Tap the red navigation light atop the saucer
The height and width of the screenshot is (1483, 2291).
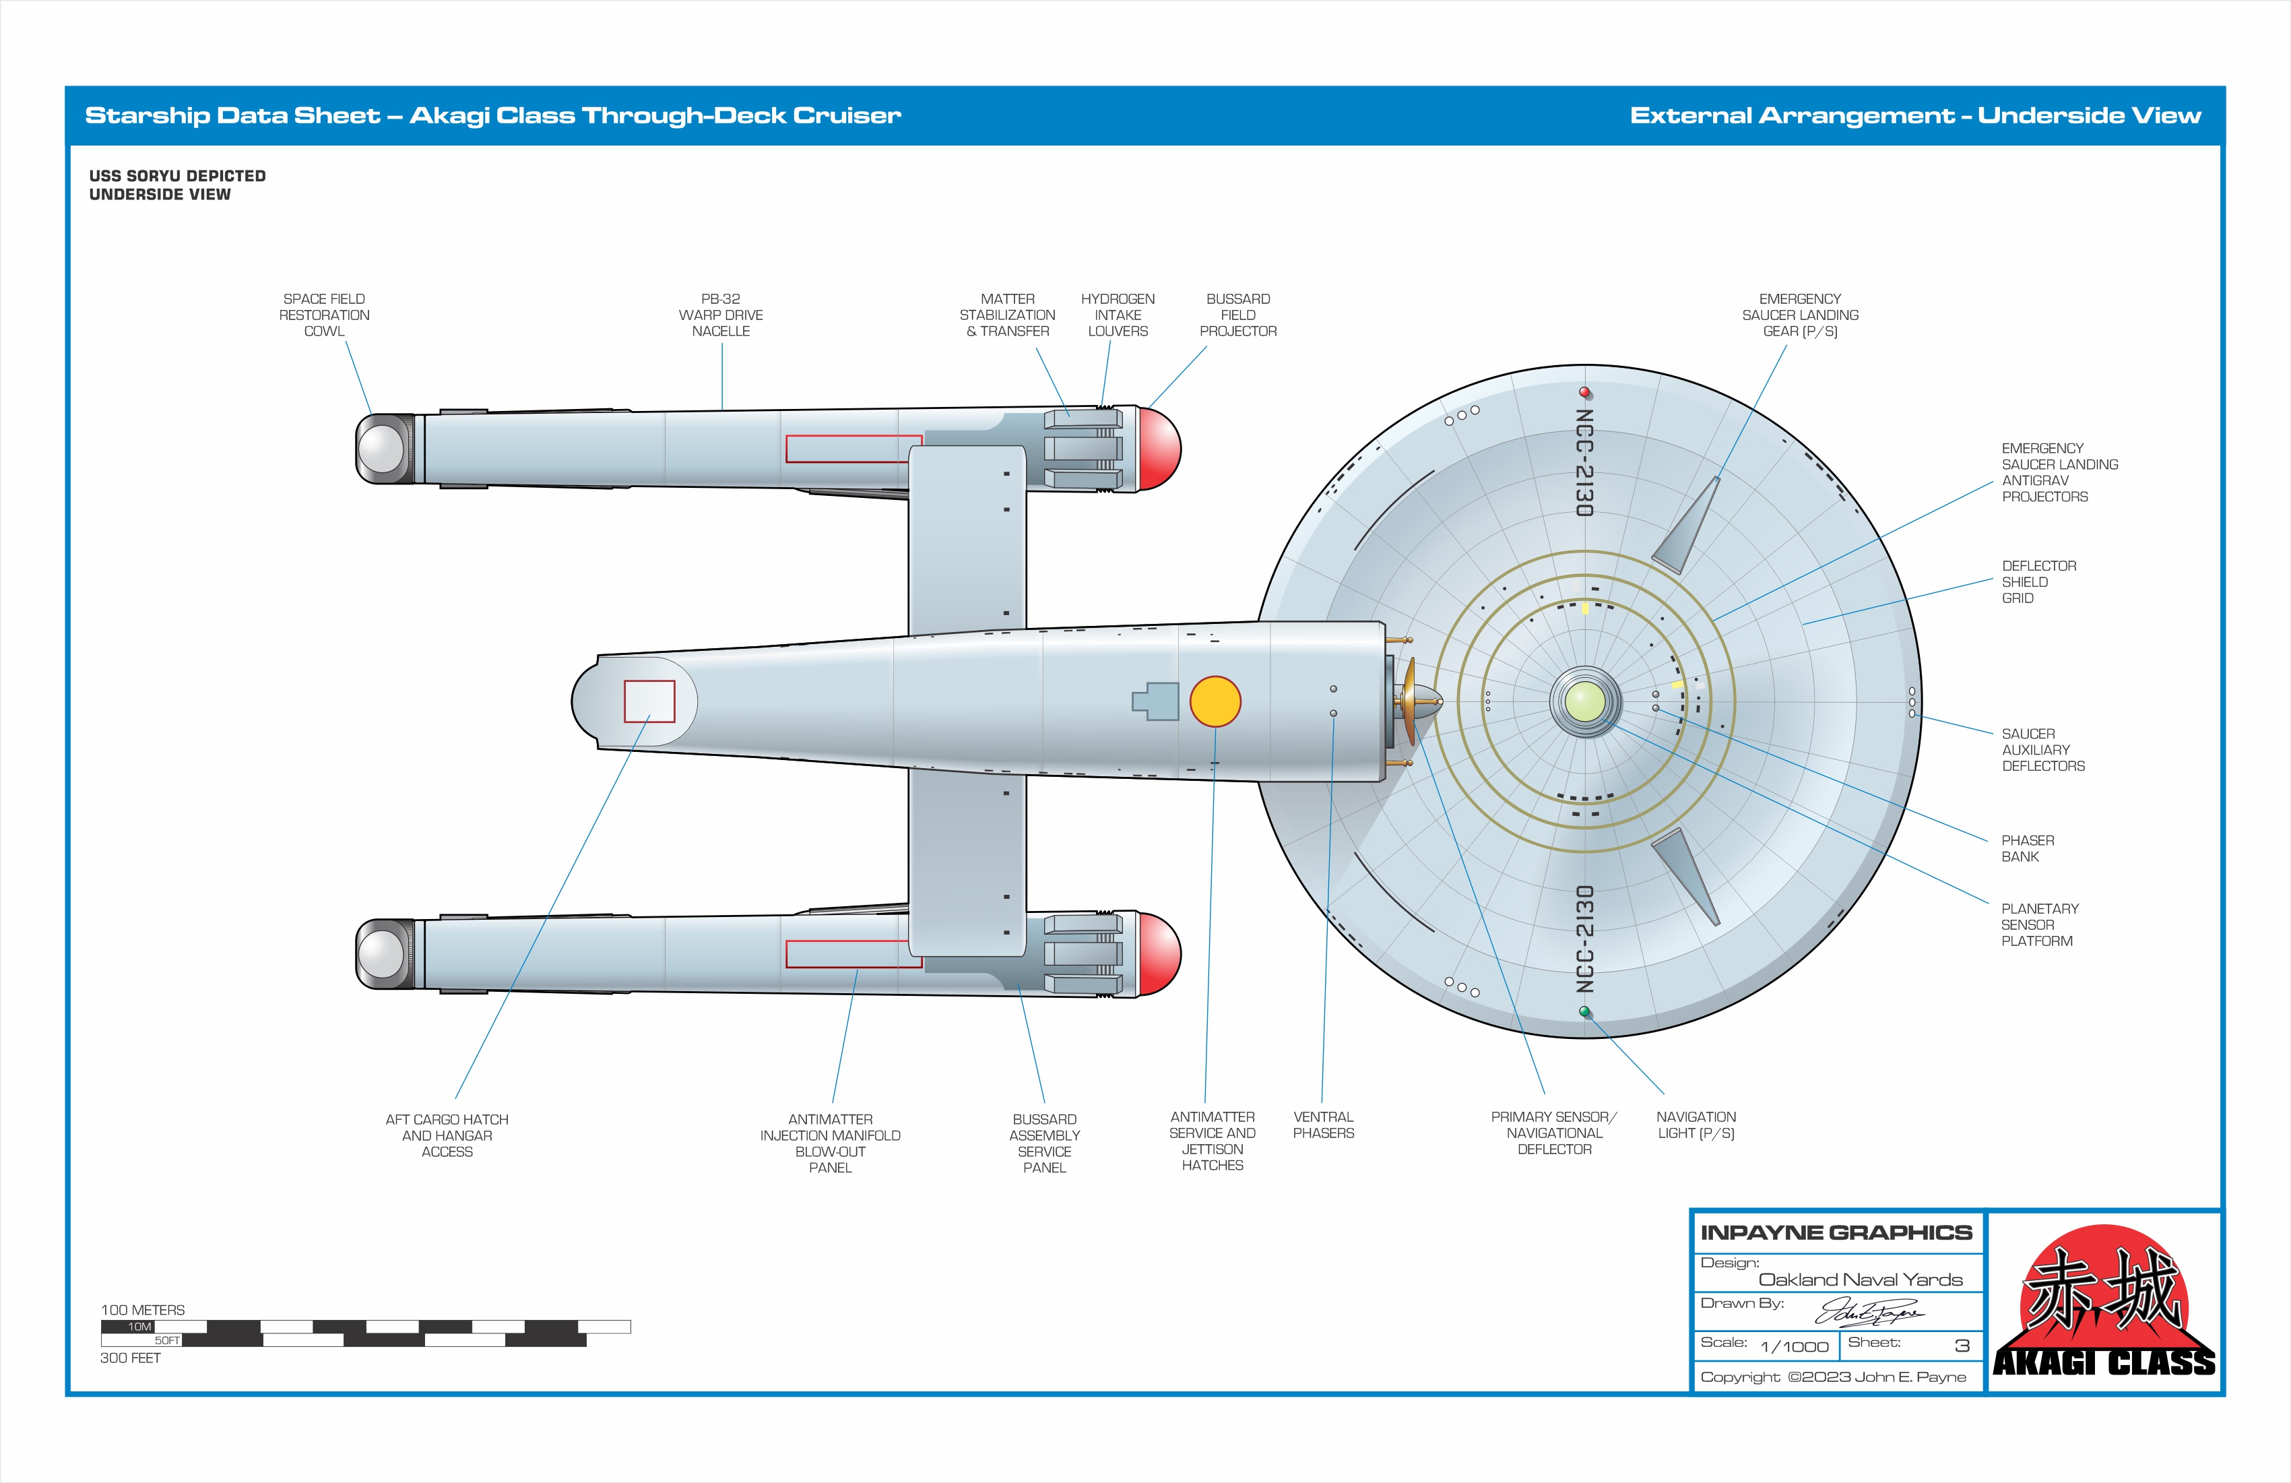tap(1584, 392)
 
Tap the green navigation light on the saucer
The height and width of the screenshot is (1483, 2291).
tap(1584, 1011)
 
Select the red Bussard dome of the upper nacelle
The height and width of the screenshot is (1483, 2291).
tap(1160, 449)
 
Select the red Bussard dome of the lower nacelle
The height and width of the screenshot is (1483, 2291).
tap(1160, 953)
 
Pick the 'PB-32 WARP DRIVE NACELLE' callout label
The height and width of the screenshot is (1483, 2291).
tap(720, 315)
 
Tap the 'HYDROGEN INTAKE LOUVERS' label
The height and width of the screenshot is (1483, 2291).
tap(1118, 315)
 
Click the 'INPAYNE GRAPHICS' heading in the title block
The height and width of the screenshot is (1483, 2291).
tap(1836, 1232)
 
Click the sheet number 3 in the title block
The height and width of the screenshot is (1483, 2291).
tap(1961, 1346)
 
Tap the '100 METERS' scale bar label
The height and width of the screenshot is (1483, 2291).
tap(142, 1310)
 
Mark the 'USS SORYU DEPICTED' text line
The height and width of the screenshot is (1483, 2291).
tap(177, 175)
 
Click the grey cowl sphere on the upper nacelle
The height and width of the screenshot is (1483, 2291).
tap(381, 449)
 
